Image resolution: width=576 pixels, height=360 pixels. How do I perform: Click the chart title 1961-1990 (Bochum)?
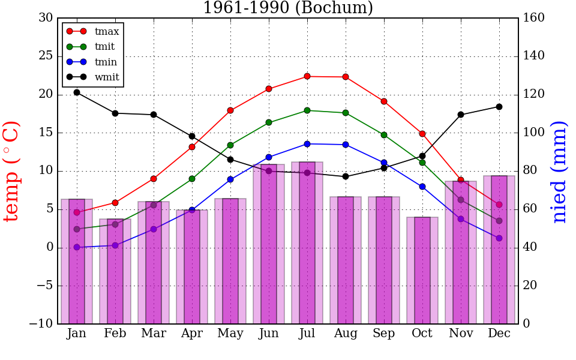288,8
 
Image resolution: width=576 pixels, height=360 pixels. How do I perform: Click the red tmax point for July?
307,76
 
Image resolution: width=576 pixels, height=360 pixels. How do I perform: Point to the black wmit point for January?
77,92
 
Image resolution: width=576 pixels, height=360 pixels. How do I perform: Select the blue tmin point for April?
192,210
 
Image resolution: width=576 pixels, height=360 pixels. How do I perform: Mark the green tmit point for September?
384,135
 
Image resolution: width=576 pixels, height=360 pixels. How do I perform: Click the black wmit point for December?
499,107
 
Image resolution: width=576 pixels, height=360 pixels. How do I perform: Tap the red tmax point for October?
422,134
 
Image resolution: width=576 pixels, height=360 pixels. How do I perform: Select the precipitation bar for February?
115,271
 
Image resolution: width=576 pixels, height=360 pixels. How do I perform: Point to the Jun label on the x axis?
269,334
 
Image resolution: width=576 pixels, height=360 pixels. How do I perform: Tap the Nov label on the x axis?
461,334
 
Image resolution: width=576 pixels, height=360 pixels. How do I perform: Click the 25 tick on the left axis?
46,56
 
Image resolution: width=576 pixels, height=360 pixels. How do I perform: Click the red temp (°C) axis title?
12,171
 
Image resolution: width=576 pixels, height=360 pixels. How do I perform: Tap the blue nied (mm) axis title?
559,172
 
